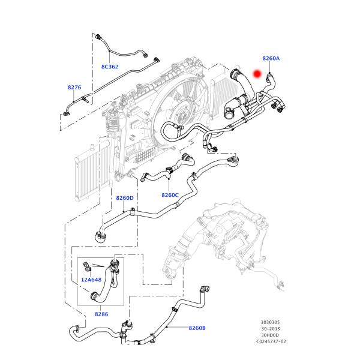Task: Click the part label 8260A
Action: (271, 58)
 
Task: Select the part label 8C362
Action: (110, 67)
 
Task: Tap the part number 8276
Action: (74, 88)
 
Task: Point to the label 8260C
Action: (170, 194)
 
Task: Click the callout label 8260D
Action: (125, 198)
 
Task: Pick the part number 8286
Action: (101, 314)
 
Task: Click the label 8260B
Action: (197, 328)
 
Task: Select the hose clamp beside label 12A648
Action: (88, 265)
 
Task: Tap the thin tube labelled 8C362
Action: (126, 49)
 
